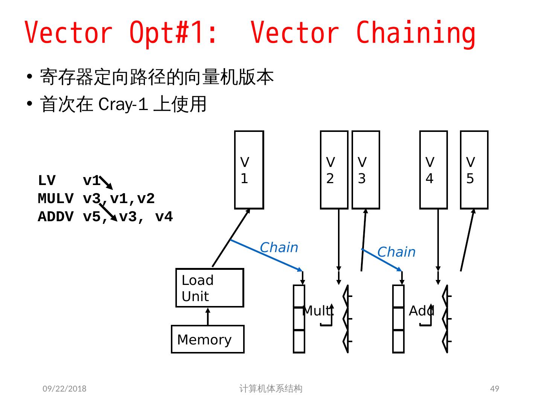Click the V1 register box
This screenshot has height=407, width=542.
[x=249, y=170]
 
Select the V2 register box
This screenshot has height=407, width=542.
[x=334, y=170]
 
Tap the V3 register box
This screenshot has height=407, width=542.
[x=365, y=170]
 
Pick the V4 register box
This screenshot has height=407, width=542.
[x=433, y=170]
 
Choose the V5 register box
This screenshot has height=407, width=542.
[x=474, y=170]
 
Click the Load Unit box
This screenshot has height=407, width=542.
[x=209, y=288]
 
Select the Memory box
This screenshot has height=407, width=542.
[x=207, y=339]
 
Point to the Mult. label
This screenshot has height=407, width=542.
[x=318, y=311]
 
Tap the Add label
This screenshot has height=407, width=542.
[x=421, y=311]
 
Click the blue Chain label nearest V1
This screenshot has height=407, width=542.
[x=279, y=248]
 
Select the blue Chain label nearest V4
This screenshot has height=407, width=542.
[x=396, y=252]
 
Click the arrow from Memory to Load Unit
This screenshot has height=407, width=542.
[x=208, y=317]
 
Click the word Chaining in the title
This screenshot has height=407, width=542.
[x=416, y=33]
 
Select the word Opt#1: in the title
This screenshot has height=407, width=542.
[x=173, y=33]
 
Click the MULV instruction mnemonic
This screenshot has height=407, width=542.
[x=55, y=199]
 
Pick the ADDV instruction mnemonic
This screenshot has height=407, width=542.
[x=55, y=217]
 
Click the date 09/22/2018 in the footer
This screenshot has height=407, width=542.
[x=64, y=389]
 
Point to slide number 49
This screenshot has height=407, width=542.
[x=495, y=389]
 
